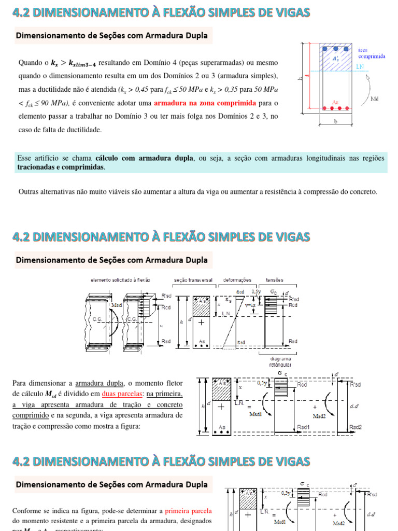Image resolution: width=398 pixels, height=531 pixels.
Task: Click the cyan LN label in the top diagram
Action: point(362,67)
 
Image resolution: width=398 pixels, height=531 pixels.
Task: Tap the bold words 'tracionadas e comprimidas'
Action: point(60,167)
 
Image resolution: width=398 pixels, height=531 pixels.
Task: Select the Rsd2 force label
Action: point(356,426)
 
